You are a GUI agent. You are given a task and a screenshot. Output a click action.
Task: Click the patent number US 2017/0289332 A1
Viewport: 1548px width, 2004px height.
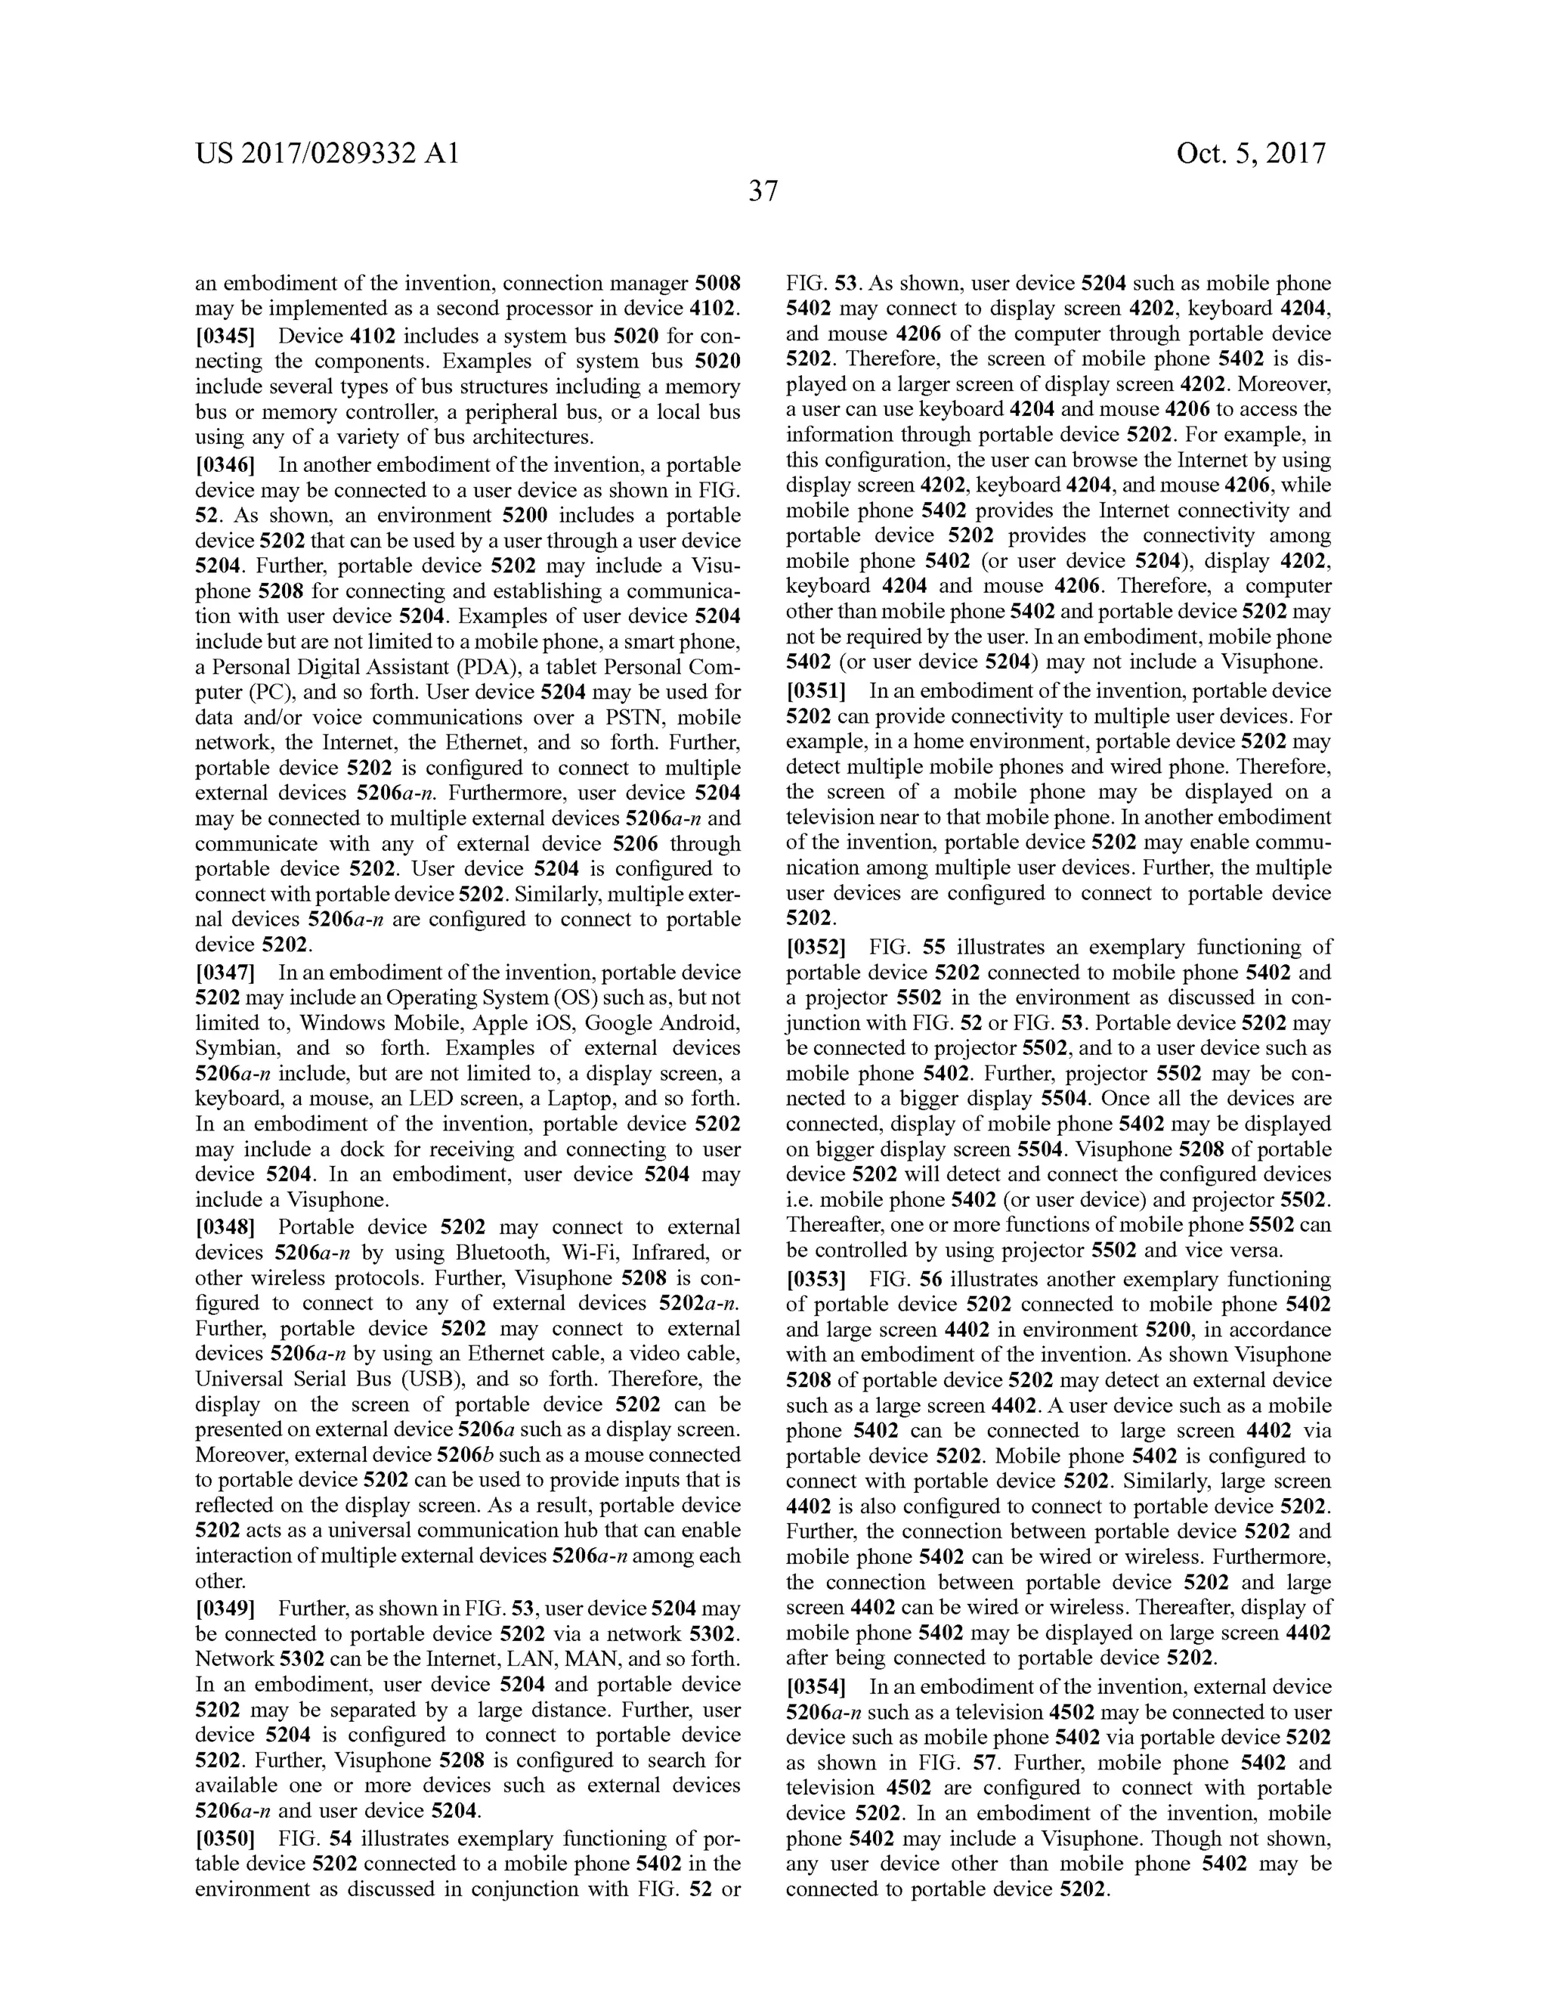tap(327, 154)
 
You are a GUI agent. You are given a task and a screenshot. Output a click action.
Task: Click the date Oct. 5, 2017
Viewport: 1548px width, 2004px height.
tap(1251, 154)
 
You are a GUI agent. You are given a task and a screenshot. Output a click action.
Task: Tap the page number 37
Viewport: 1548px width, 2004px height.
tap(763, 192)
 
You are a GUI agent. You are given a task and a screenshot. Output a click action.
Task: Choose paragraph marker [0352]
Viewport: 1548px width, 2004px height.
tap(816, 947)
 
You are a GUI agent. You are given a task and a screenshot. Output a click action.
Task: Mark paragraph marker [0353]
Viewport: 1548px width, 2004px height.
tap(816, 1279)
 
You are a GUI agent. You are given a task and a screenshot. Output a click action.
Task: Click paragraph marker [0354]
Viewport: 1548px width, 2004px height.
tap(816, 1686)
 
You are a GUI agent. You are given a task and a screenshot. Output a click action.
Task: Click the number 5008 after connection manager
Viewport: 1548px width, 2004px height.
tap(718, 284)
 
